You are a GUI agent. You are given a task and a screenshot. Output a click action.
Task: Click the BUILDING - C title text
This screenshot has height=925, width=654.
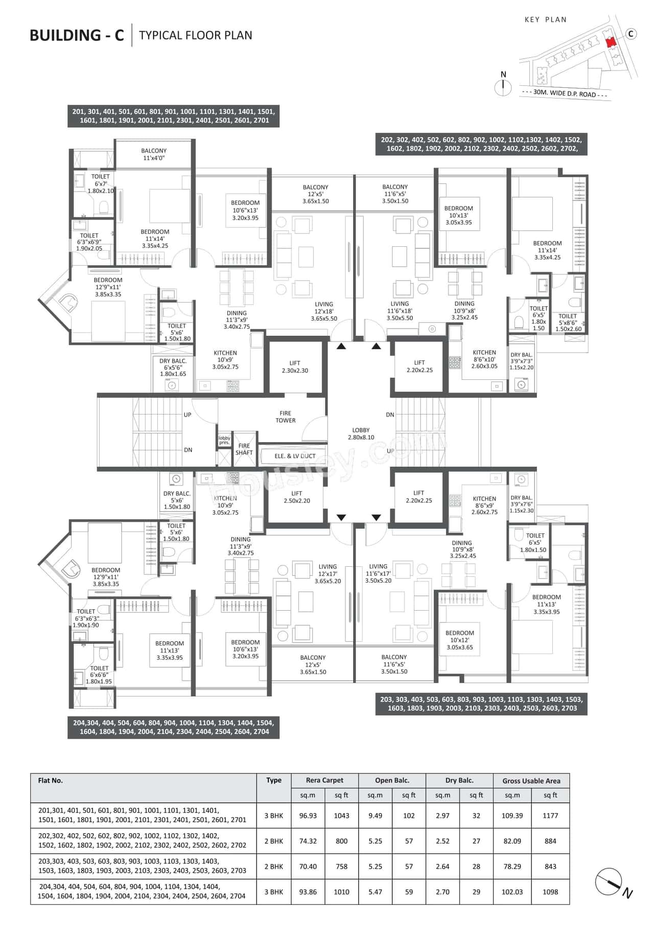coord(77,35)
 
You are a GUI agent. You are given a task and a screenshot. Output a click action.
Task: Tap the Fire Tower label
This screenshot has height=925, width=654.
coord(285,417)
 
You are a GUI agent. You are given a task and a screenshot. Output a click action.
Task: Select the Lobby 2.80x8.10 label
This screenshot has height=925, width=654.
coord(361,434)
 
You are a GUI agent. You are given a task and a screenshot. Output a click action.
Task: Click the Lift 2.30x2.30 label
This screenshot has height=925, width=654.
coord(295,367)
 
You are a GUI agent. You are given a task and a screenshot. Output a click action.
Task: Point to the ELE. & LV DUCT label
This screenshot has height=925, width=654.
coord(295,456)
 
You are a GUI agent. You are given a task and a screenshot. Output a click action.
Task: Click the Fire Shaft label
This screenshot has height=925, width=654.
coord(244,449)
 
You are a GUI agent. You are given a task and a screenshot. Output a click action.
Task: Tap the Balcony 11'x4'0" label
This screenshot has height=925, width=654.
coord(154,154)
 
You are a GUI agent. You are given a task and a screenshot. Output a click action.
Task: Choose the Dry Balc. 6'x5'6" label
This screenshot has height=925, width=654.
coord(173,367)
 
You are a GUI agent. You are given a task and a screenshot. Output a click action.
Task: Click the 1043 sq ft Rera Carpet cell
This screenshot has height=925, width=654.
coord(341,816)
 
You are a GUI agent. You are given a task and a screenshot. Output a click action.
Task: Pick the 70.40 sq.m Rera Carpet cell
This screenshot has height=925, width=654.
coord(308,867)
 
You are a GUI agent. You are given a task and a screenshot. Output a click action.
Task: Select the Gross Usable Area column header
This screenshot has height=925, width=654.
coord(531,781)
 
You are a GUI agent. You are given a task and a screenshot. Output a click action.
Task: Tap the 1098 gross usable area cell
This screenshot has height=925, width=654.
coord(550,892)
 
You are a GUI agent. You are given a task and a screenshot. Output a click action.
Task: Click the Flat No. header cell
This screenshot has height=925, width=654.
coord(51,780)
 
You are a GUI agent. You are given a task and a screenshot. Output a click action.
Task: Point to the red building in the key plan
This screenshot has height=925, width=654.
coord(609,42)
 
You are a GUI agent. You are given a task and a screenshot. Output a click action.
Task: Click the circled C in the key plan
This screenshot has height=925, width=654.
coord(632,34)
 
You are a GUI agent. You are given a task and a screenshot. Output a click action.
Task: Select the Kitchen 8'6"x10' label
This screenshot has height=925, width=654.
coord(484,359)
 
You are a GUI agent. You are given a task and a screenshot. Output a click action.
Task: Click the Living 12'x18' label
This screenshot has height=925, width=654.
coord(324,311)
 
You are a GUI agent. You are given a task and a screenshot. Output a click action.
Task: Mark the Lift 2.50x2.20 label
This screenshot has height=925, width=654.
coord(297,497)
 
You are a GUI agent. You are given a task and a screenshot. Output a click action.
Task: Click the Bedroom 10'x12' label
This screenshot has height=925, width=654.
coord(459,640)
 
